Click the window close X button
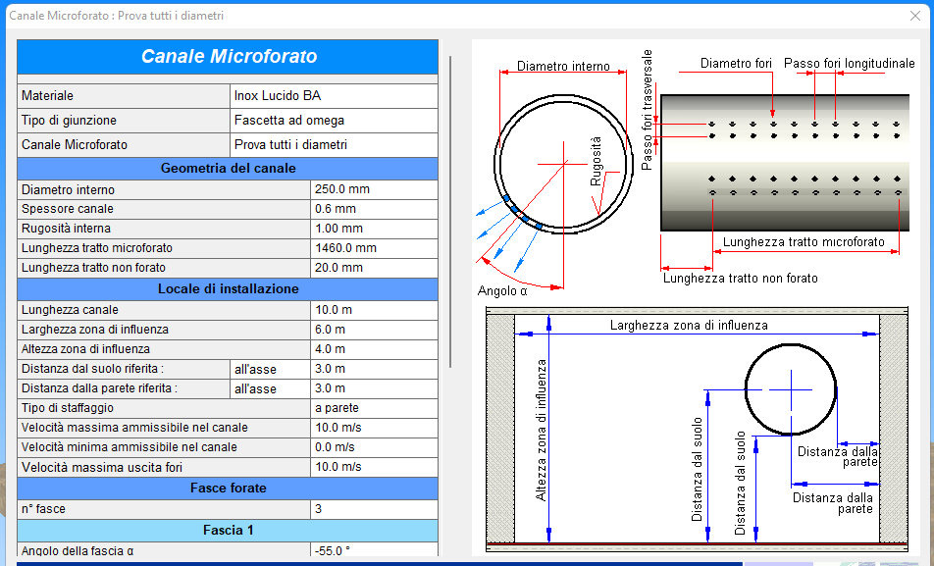tap(915, 16)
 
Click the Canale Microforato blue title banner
tap(229, 57)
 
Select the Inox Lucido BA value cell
tap(335, 96)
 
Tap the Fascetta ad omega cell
tap(335, 121)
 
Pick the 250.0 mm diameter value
tap(374, 189)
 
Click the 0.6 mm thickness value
tap(374, 209)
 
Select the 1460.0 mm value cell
tap(374, 248)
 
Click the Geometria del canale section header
tap(229, 169)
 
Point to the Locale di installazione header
tap(229, 289)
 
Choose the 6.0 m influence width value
tap(374, 330)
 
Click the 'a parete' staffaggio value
tap(374, 408)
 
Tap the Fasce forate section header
tap(229, 489)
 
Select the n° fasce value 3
tap(374, 509)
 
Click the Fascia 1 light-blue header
tap(229, 531)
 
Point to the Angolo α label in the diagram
tap(502, 290)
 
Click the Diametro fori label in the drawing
tap(736, 63)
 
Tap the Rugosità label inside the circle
tap(596, 161)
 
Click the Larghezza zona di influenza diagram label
tap(689, 326)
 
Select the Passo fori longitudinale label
tap(849, 63)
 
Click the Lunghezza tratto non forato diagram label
tap(741, 279)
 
